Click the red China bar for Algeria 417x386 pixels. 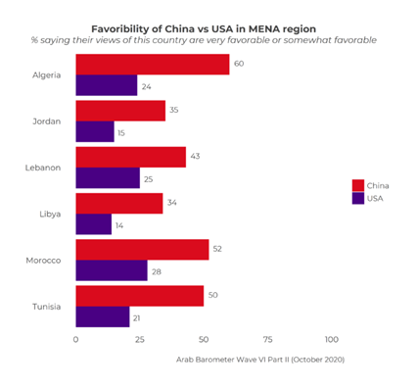click(152, 64)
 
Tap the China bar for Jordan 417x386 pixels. click(119, 110)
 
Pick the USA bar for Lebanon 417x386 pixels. click(108, 177)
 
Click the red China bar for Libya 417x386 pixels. click(118, 203)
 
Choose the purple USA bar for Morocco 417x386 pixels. click(111, 270)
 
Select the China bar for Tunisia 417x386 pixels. click(139, 295)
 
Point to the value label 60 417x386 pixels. click(238, 64)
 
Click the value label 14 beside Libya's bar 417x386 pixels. click(120, 224)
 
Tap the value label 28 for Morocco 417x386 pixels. click(157, 270)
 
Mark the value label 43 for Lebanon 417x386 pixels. click(195, 157)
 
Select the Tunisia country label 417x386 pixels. click(45, 306)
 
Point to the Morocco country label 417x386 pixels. click(43, 260)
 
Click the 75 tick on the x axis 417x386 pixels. click(267, 339)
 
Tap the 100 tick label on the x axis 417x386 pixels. click(331, 339)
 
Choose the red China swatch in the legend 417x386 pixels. click(358, 184)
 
